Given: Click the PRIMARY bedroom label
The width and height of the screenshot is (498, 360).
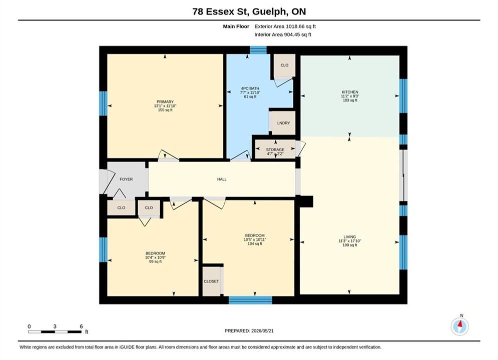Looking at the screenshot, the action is click(x=165, y=102).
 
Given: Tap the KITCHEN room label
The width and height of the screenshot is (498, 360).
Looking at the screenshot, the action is click(x=350, y=92).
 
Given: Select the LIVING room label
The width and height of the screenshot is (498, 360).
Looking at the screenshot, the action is click(x=349, y=237).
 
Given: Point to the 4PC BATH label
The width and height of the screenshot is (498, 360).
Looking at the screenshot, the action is click(x=250, y=88).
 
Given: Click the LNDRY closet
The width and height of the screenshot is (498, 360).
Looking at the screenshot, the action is click(x=283, y=122).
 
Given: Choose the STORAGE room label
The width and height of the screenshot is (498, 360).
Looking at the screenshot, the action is click(x=275, y=149).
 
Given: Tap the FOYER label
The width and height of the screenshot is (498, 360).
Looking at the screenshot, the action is click(x=126, y=179).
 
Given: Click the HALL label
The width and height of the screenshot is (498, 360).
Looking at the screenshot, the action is click(x=222, y=179).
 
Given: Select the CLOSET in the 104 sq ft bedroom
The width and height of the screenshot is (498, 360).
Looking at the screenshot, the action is click(x=211, y=281).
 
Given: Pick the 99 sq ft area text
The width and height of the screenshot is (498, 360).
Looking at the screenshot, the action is click(x=155, y=261).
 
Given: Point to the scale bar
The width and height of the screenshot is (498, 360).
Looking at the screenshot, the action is click(x=55, y=332).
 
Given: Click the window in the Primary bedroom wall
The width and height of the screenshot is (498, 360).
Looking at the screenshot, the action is click(x=103, y=103).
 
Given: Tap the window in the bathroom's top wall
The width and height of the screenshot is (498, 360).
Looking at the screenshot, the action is click(x=258, y=50).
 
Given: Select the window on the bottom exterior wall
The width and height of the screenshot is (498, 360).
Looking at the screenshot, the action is click(x=250, y=300).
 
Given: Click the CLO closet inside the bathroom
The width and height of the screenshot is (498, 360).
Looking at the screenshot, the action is click(x=284, y=65).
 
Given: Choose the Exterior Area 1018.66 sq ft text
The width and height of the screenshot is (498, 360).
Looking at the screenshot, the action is click(x=285, y=26).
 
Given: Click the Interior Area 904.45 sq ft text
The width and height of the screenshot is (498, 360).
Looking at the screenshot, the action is click(x=283, y=34).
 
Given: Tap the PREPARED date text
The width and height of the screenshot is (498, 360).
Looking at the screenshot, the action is click(x=249, y=331).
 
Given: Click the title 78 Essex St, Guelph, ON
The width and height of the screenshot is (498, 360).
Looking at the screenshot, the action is click(x=249, y=11).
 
